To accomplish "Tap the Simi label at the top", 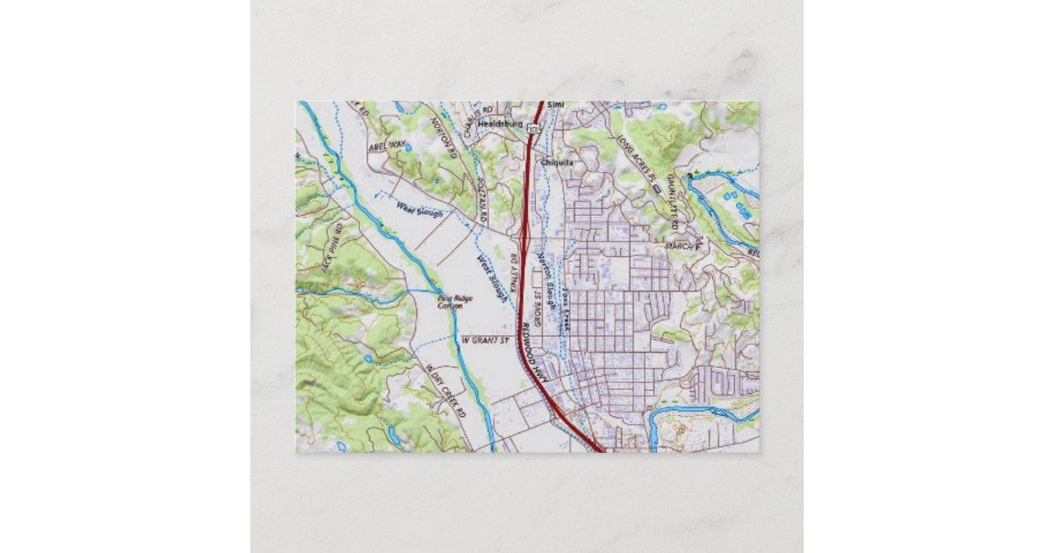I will coord(554,104).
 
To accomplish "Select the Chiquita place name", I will coord(558,162).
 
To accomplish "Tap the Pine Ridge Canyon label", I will coord(455,304).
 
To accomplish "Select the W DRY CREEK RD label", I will coord(444,385).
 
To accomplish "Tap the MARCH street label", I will coord(680,247).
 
